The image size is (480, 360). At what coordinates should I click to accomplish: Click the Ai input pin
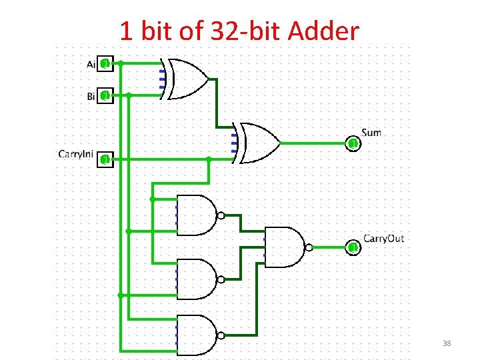tap(105, 64)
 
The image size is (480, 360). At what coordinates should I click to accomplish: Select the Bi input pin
tap(105, 96)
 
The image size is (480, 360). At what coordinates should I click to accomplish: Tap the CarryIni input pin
tap(105, 159)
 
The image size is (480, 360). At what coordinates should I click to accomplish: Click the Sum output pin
tap(353, 143)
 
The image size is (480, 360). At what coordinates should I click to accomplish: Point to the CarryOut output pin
tap(353, 247)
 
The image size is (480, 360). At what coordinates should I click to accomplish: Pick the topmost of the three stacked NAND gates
tap(197, 215)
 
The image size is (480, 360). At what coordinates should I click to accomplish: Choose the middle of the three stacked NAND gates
tap(197, 279)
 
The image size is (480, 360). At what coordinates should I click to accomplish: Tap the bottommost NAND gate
tap(197, 334)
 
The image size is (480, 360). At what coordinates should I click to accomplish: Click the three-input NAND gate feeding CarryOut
tap(284, 247)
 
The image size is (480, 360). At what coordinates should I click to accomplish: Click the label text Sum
tap(371, 132)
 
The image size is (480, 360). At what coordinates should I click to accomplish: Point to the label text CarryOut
tap(383, 238)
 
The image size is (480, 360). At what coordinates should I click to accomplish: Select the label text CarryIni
tap(75, 155)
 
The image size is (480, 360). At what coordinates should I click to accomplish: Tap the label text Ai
tap(91, 64)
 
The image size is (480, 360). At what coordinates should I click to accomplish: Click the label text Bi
tap(91, 97)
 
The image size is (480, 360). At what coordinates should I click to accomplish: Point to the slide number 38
tap(447, 343)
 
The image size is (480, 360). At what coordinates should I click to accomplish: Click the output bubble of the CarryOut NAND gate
tap(309, 247)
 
